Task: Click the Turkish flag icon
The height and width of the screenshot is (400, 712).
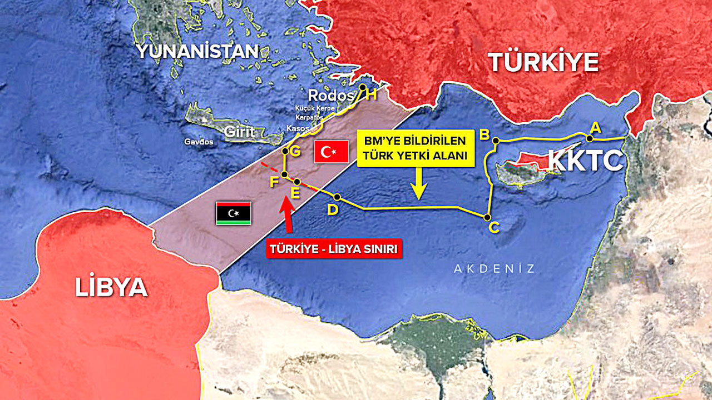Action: click(332, 152)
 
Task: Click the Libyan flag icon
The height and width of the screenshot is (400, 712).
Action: click(233, 213)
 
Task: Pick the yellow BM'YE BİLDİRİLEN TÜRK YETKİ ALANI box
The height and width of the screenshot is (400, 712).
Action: click(416, 149)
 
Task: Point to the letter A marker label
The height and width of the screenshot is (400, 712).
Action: click(595, 127)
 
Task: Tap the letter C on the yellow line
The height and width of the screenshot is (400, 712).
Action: click(493, 227)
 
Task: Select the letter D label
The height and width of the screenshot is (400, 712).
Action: click(333, 209)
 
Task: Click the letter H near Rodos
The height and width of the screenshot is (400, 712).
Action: click(372, 95)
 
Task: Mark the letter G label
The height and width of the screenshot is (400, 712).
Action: click(295, 151)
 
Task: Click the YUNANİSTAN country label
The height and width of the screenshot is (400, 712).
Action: click(198, 52)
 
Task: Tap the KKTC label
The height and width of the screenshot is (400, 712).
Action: click(585, 161)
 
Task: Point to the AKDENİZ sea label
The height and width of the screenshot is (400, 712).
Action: click(495, 269)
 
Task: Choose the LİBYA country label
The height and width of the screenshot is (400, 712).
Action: click(111, 287)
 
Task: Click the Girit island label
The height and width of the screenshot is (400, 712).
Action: click(239, 132)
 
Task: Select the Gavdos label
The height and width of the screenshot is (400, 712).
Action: click(199, 142)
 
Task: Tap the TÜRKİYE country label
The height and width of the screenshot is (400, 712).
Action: click(543, 62)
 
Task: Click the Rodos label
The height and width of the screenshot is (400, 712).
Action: click(331, 95)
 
